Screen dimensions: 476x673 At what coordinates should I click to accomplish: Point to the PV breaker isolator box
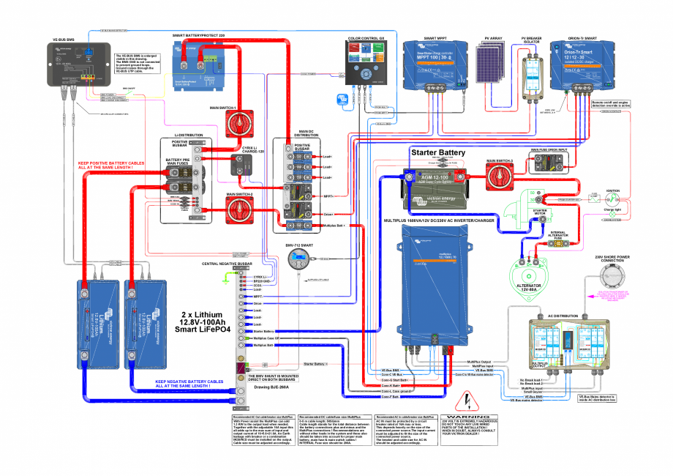point(530,71)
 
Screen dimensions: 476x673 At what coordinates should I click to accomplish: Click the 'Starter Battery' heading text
point(437,152)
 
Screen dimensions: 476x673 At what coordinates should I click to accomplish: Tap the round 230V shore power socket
point(612,277)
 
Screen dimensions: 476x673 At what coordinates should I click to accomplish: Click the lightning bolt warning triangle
point(462,401)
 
